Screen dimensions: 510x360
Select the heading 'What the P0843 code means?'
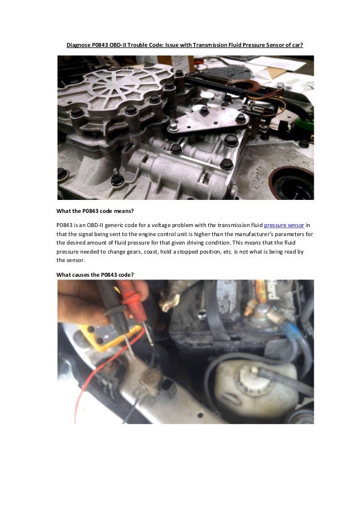[x=94, y=211]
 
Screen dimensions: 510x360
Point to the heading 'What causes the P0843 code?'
[x=95, y=274]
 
